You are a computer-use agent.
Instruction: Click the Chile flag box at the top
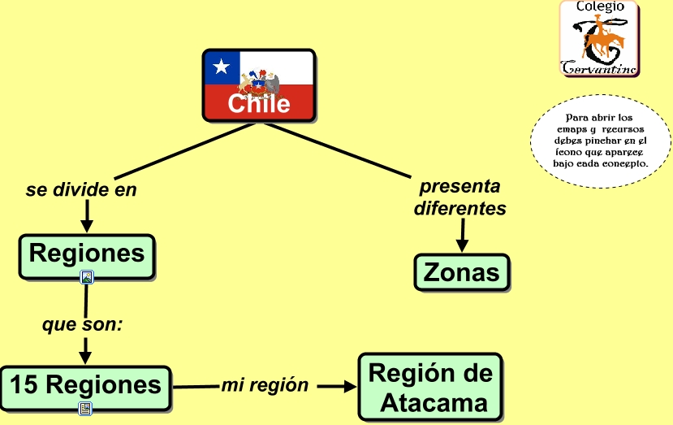click(x=258, y=85)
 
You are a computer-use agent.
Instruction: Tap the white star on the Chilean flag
click(x=222, y=67)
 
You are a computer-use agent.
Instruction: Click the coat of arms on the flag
click(x=260, y=81)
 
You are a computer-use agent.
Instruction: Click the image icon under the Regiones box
click(x=87, y=278)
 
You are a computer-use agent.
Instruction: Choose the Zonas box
click(x=461, y=272)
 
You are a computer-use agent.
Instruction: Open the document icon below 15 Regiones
click(x=85, y=409)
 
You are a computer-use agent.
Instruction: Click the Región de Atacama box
click(x=430, y=387)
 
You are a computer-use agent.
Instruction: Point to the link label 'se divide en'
click(x=81, y=190)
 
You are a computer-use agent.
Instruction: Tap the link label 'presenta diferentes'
click(x=459, y=197)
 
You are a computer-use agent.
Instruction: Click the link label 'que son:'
click(x=82, y=324)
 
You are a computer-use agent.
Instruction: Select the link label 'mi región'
click(x=265, y=385)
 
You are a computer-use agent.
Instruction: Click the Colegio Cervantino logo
click(x=599, y=38)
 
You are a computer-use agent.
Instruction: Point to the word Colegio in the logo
click(x=600, y=7)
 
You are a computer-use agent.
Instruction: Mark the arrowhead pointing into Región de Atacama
click(x=349, y=386)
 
